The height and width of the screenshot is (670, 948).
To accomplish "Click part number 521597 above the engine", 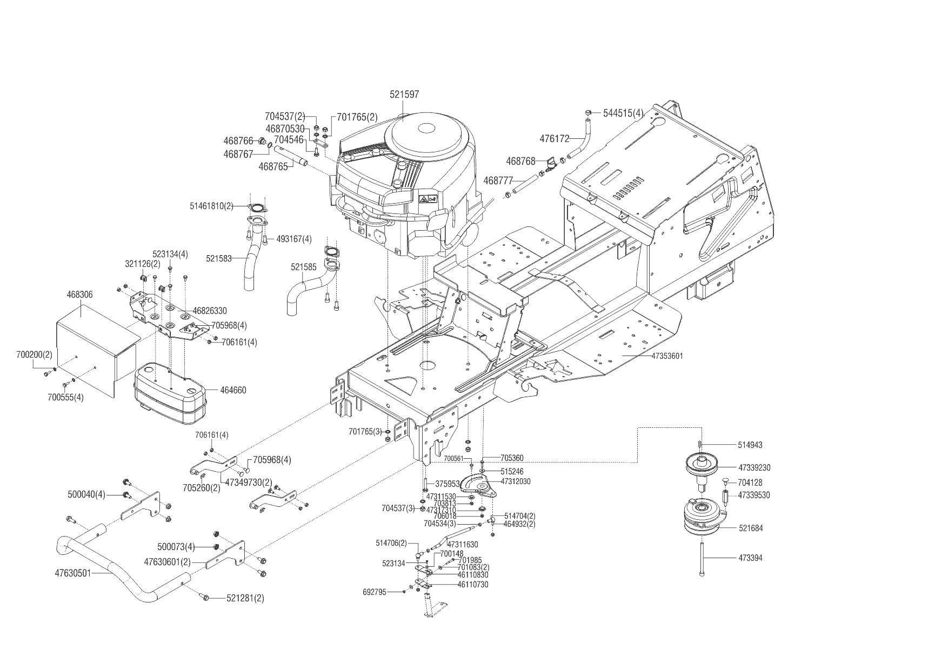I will click(x=404, y=95).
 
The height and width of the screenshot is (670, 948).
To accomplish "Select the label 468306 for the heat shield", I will click(x=79, y=295).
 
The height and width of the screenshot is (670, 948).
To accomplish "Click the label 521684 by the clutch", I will click(x=751, y=528).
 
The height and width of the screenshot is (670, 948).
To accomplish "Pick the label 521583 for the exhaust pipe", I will click(x=218, y=259).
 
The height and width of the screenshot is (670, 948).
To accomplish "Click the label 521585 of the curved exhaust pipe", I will click(x=303, y=267).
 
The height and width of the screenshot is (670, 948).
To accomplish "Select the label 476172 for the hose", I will click(x=555, y=139).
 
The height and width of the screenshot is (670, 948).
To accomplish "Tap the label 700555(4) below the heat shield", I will click(x=65, y=397).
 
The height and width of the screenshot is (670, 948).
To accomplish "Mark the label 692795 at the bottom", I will click(x=375, y=592).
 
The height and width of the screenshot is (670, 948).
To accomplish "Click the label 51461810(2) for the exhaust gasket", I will click(x=211, y=206).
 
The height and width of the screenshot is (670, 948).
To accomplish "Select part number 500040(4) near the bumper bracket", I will click(x=86, y=494).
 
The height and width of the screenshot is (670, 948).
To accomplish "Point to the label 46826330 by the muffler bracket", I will click(x=210, y=311).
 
